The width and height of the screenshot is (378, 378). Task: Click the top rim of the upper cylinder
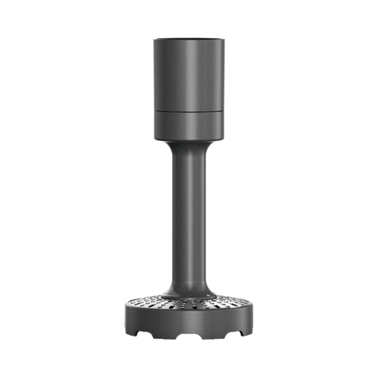click(189, 39)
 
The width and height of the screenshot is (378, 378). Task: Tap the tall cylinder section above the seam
click(189, 75)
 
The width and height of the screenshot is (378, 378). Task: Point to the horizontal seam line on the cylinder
click(189, 111)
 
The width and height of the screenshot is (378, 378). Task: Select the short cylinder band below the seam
click(189, 125)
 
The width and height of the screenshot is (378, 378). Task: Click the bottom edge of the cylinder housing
click(189, 140)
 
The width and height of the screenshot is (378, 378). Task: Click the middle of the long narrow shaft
click(189, 218)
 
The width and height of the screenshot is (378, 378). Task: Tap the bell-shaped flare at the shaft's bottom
click(189, 287)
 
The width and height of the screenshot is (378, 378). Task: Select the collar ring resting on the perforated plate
click(189, 297)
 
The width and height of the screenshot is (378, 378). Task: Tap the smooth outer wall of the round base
click(189, 321)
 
